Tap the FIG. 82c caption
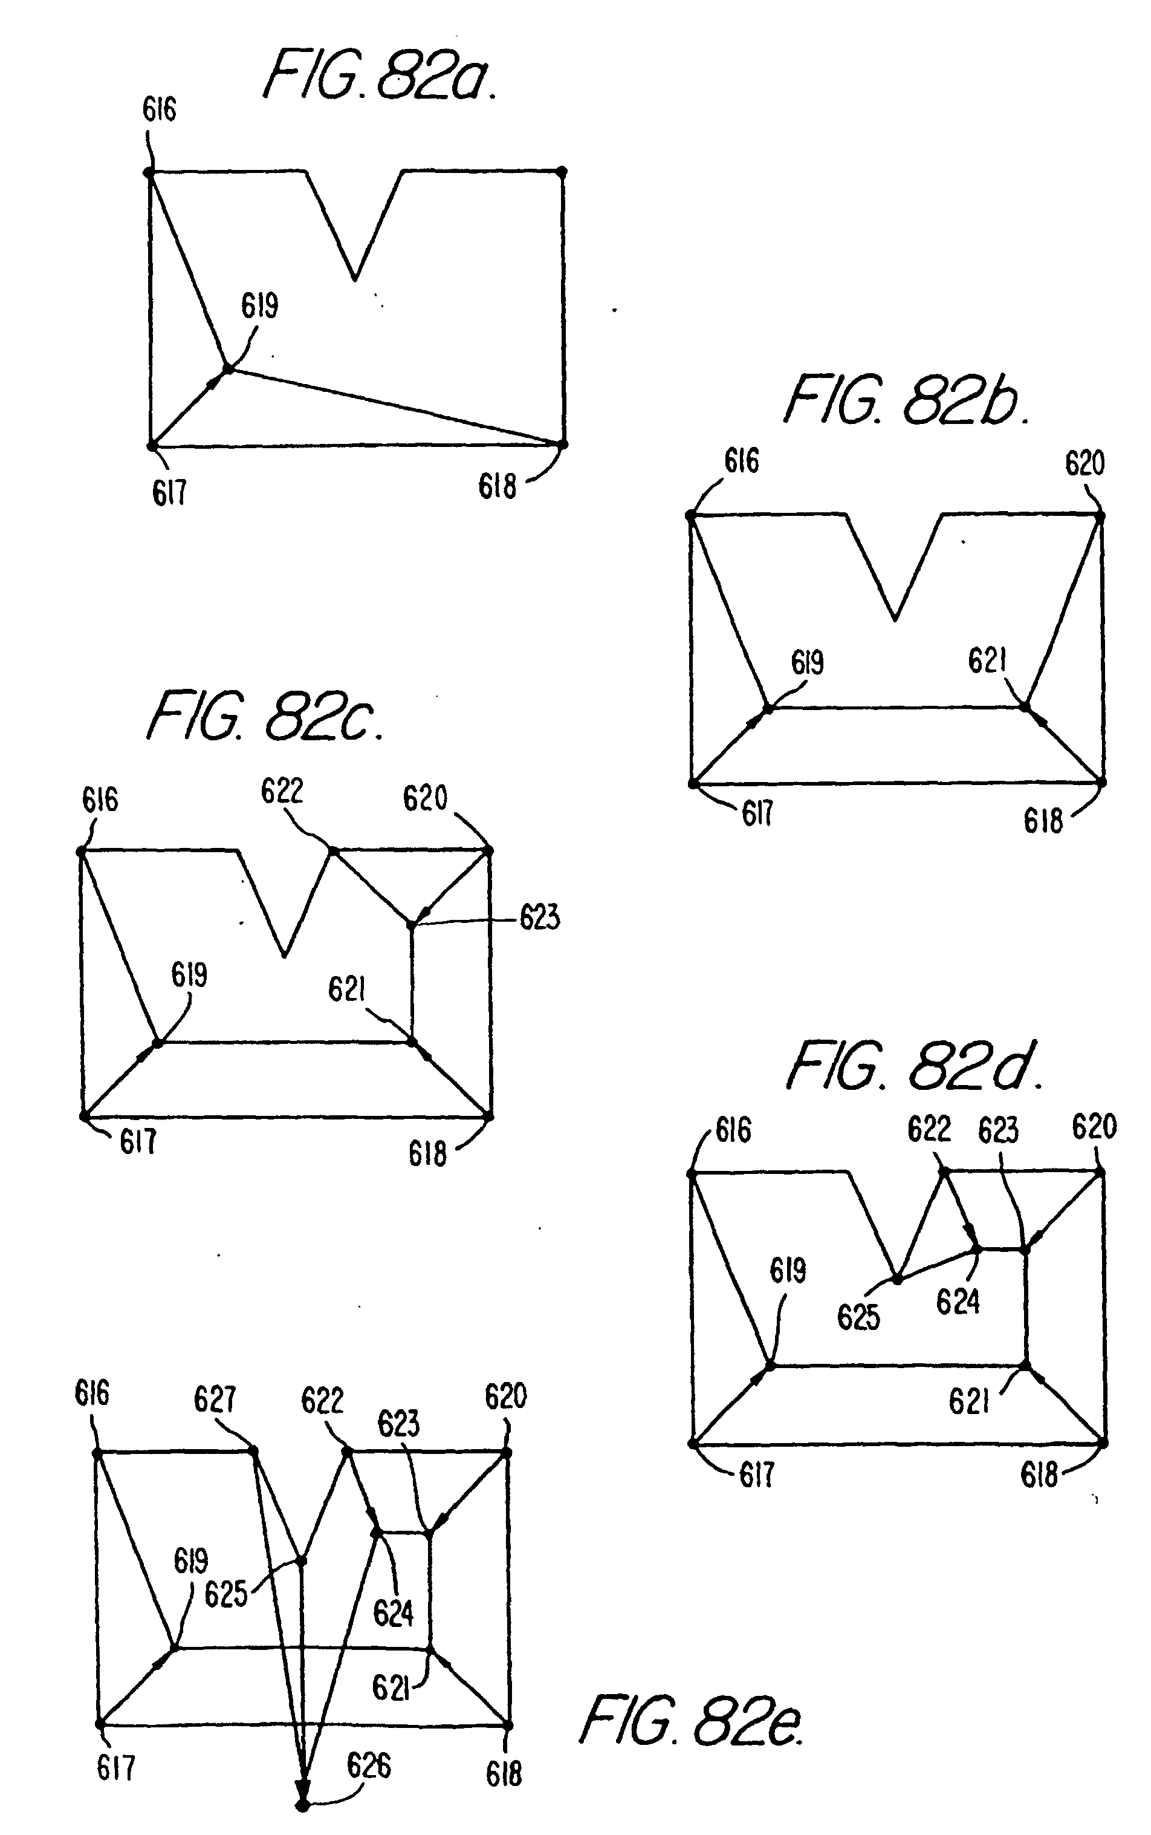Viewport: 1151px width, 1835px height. point(264,715)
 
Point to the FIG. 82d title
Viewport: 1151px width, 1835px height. point(913,1066)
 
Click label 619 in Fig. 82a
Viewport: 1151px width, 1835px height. point(259,306)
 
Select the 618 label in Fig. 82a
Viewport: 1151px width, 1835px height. point(497,486)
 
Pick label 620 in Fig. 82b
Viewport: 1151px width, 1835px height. point(1084,463)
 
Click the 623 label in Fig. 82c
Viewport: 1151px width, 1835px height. point(540,918)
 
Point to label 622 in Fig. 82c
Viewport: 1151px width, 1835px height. point(282,791)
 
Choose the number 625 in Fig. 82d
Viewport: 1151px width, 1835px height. point(858,1317)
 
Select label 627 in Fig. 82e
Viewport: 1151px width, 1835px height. point(215,1400)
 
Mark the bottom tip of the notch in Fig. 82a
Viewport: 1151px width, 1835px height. point(355,279)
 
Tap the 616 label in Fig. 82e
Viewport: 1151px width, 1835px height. point(92,1393)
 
